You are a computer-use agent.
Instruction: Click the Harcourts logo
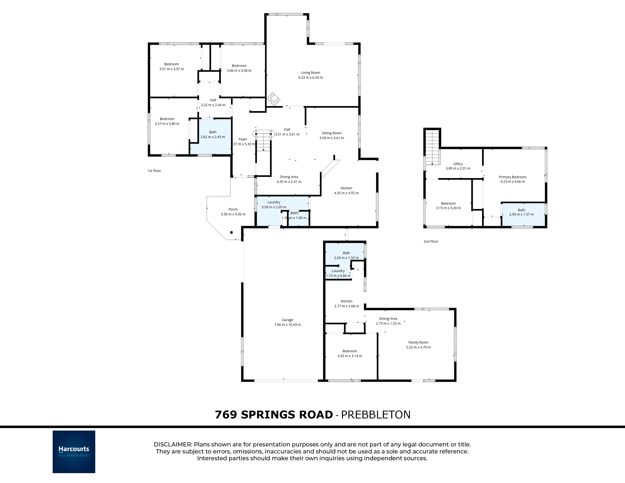tap(74, 452)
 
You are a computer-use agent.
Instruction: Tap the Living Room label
tap(310, 73)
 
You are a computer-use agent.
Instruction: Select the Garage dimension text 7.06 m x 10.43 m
tap(288, 325)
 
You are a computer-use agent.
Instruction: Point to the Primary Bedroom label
tap(512, 177)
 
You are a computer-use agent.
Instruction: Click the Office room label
tap(458, 164)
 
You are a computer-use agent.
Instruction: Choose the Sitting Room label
tap(332, 133)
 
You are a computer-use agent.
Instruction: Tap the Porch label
tap(233, 209)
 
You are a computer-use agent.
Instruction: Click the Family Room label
tap(418, 342)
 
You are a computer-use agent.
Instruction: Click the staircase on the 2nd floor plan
tap(432, 147)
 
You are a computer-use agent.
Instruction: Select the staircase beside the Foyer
tap(263, 141)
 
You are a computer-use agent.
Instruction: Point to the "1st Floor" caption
tap(154, 171)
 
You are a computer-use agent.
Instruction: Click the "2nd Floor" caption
tap(431, 241)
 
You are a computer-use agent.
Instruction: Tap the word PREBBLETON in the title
tap(376, 415)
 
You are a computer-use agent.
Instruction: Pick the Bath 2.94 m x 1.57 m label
tap(521, 212)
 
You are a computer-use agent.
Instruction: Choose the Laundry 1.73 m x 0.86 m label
tap(338, 273)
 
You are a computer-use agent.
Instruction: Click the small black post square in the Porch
tap(231, 232)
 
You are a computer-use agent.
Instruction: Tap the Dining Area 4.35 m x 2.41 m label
tap(289, 179)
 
